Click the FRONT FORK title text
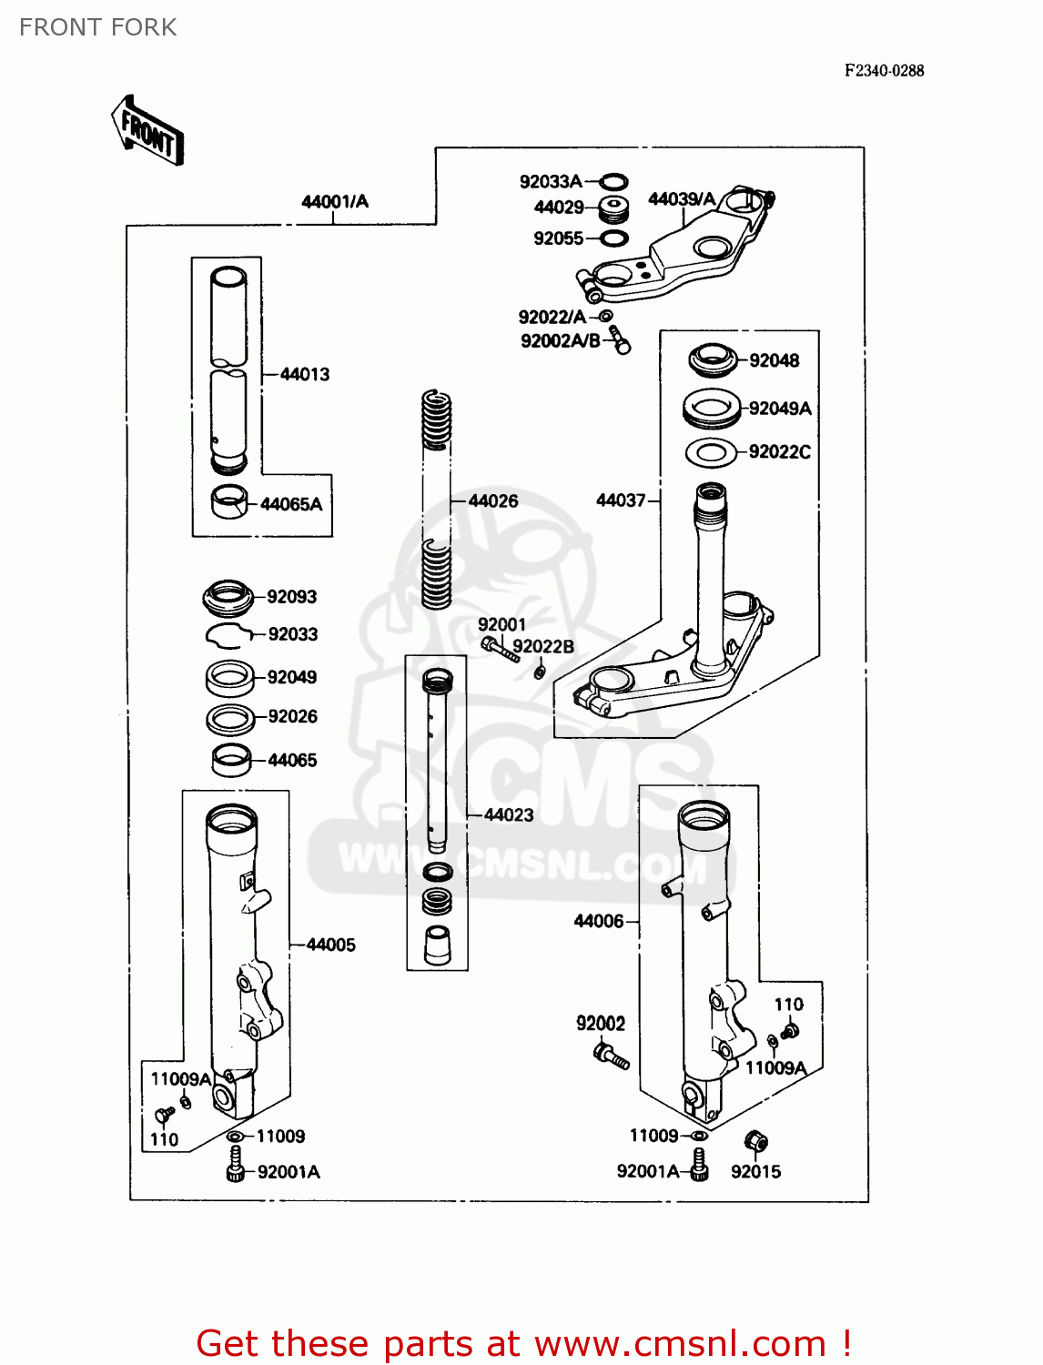pos(98,27)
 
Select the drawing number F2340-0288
pos(884,71)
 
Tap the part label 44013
pos(305,374)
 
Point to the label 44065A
pos(291,504)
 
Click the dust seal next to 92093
pos(227,597)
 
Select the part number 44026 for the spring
pos(492,500)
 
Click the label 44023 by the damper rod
pos(509,815)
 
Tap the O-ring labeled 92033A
pos(614,181)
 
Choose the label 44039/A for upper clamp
pos(682,199)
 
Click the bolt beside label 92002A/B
pos(620,340)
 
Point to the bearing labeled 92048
pos(714,360)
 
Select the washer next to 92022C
pos(710,452)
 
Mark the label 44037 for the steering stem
pos(621,500)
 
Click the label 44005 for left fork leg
pos(330,945)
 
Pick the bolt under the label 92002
pos(611,1057)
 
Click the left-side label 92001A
pos(289,1172)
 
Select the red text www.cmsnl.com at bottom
pos(680,1343)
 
